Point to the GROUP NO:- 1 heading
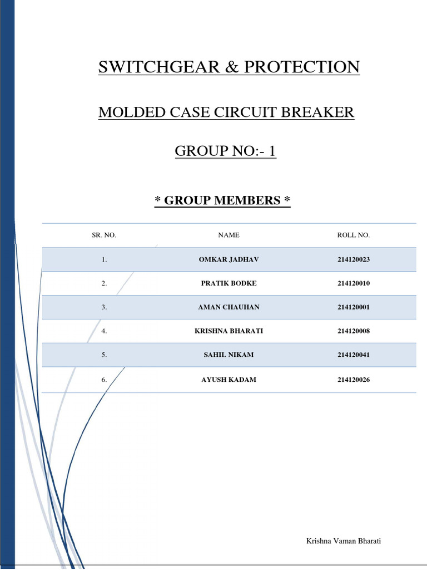pyautogui.click(x=226, y=150)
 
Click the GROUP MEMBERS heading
pyautogui.click(x=222, y=200)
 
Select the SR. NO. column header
pyautogui.click(x=104, y=235)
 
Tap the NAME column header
pyautogui.click(x=229, y=235)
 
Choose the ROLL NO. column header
pyautogui.click(x=353, y=235)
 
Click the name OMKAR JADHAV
pyautogui.click(x=229, y=259)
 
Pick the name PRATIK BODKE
pyautogui.click(x=229, y=283)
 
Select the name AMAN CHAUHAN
pyautogui.click(x=229, y=307)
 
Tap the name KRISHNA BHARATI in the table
pyautogui.click(x=229, y=331)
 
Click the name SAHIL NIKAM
pyautogui.click(x=229, y=355)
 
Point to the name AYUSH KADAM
pyautogui.click(x=229, y=380)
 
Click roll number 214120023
pyautogui.click(x=353, y=259)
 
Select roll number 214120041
pyautogui.click(x=353, y=355)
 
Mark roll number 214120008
pyautogui.click(x=353, y=331)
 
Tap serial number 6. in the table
pyautogui.click(x=104, y=380)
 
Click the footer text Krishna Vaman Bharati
pyautogui.click(x=344, y=541)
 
